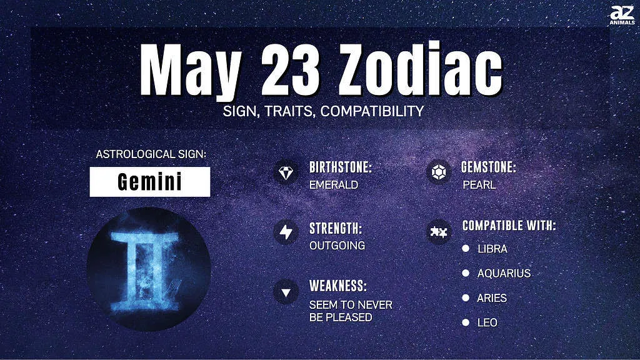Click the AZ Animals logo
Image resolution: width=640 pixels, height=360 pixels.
coord(622,16)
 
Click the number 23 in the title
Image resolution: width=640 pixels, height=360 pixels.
coord(290,69)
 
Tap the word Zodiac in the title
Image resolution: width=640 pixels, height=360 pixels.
coord(420,68)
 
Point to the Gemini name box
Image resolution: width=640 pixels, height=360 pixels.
coord(150,182)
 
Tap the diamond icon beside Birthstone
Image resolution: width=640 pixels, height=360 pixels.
coord(286,172)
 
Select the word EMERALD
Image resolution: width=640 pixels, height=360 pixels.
coord(334,185)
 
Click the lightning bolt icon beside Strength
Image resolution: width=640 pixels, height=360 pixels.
coord(286,232)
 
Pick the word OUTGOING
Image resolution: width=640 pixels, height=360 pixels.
coord(337,246)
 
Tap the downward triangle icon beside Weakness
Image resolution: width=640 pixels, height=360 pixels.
coord(286,292)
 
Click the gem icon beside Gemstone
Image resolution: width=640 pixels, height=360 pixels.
coord(439,172)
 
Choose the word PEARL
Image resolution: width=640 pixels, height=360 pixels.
coord(479,185)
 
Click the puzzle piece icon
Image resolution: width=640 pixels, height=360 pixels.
coord(439,232)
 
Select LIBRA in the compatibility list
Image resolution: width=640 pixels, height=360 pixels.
coord(492,249)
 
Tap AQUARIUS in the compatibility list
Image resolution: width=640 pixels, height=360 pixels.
coord(504,274)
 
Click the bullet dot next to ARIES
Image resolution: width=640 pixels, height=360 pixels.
coord(466,298)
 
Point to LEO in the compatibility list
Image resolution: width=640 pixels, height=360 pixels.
coord(487,323)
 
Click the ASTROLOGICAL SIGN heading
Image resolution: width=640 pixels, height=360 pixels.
coord(151,154)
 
